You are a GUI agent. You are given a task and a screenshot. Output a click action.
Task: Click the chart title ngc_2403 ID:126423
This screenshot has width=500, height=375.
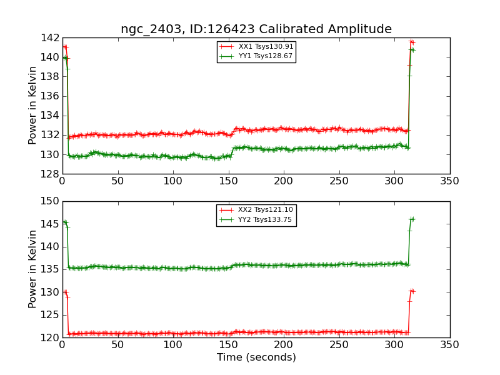click(x=256, y=29)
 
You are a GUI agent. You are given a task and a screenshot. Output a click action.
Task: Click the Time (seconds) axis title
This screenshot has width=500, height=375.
click(x=256, y=357)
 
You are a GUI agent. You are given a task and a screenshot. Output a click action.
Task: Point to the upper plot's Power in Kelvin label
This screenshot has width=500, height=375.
click(x=33, y=106)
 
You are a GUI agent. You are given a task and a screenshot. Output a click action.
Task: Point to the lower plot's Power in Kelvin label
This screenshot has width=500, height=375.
click(x=33, y=269)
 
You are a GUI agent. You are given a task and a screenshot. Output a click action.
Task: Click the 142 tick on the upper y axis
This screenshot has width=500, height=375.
click(x=51, y=38)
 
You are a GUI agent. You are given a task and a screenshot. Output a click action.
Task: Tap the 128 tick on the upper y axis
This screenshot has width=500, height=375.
click(x=51, y=174)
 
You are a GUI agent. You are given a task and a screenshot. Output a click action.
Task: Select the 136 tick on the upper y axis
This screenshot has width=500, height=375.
click(x=51, y=96)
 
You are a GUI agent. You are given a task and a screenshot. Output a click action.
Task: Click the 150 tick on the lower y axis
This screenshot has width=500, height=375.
click(x=51, y=201)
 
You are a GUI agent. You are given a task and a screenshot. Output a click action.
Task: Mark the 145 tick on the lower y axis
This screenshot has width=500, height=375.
click(x=51, y=224)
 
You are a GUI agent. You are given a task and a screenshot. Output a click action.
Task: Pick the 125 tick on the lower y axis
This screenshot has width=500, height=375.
click(x=51, y=315)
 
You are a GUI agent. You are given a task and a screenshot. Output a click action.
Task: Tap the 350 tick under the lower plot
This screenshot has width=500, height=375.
click(x=449, y=344)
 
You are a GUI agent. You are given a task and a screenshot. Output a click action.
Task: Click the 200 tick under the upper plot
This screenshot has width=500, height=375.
click(x=283, y=181)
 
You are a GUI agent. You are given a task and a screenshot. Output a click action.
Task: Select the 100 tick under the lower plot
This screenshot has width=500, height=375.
click(x=172, y=344)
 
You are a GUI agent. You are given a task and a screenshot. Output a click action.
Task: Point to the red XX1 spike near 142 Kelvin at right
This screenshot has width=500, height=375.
click(x=411, y=42)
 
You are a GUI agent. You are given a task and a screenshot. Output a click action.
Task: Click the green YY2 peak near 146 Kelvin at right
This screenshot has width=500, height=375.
click(x=411, y=219)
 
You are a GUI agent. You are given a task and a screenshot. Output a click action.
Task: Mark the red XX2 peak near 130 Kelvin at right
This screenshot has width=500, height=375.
click(x=411, y=291)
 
